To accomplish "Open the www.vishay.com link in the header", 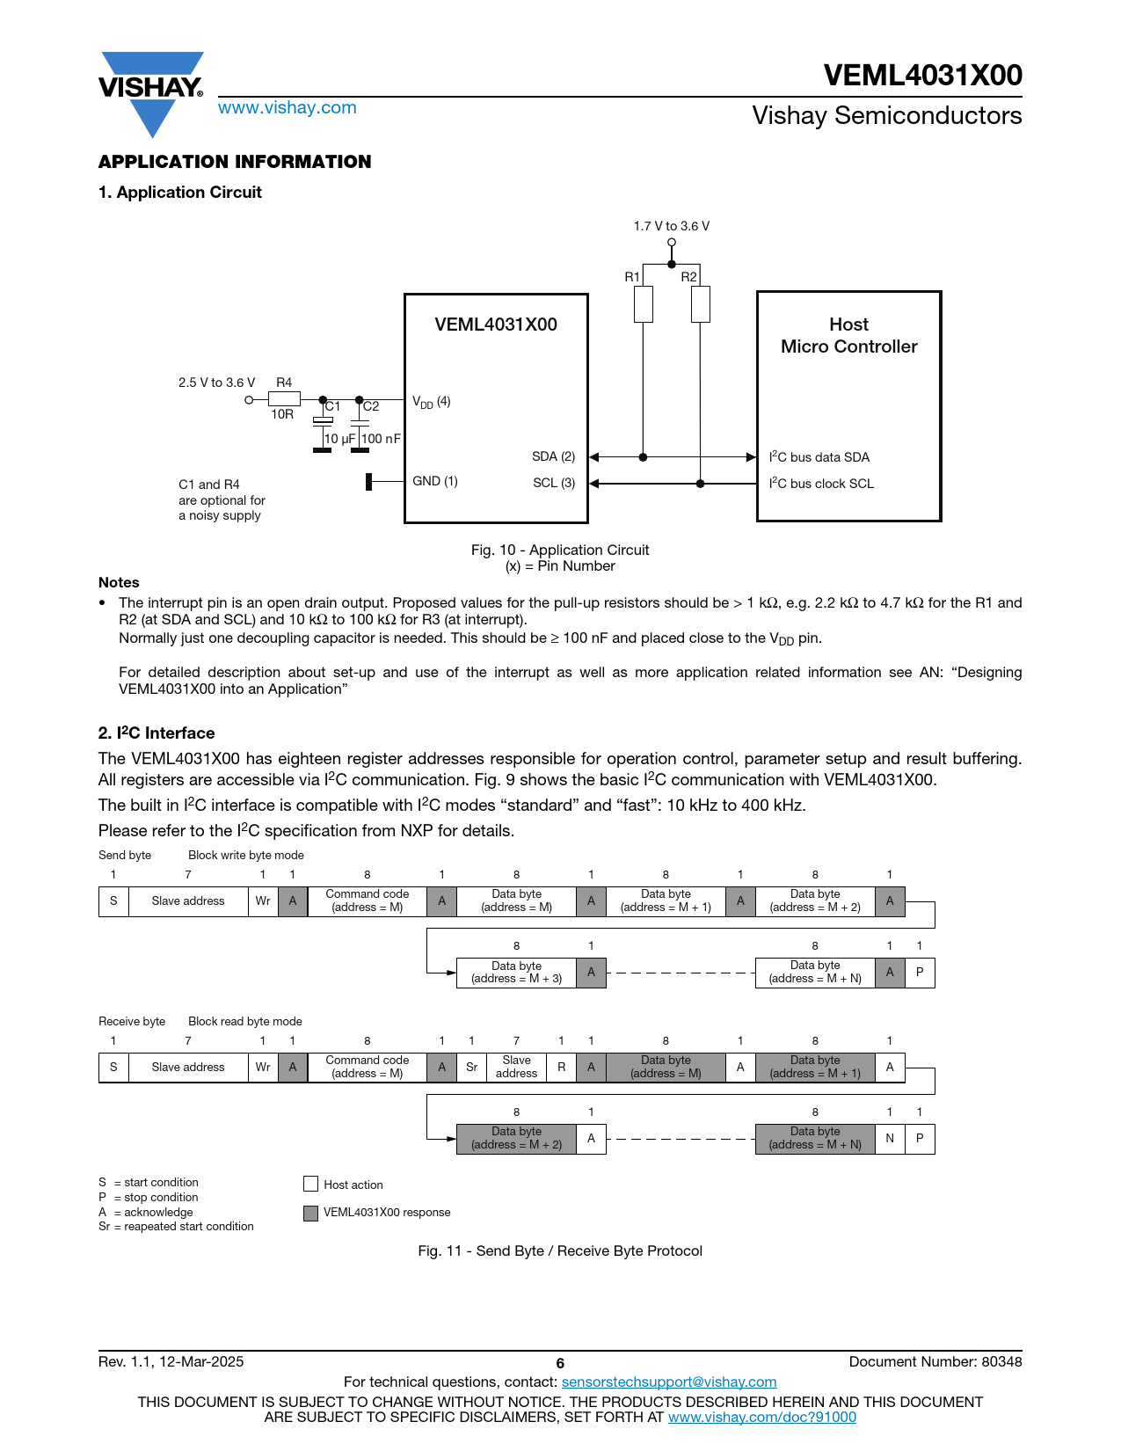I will pos(287,108).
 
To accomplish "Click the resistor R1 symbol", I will pos(644,304).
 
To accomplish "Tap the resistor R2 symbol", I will pos(700,304).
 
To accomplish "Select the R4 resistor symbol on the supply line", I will pos(284,399).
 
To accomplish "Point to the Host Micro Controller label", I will pos(848,336).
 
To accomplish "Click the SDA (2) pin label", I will pos(553,456).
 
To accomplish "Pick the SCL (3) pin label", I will pos(554,483).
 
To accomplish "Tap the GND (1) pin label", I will pos(435,481).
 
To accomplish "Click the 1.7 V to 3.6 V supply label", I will pos(671,226).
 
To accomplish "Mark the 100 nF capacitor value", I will pos(381,439).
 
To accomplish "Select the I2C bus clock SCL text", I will pos(821,484).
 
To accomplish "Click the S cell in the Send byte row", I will pos(113,901).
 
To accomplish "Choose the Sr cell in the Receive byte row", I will pos(471,1068).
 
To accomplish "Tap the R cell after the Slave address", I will pos(561,1068).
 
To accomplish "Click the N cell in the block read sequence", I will pos(890,1139).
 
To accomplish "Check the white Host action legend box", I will pos(310,1184).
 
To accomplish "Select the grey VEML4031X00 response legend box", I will pos(310,1214).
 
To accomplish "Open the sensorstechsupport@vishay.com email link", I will pos(669,1382).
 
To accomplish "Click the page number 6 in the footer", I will pos(560,1364).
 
